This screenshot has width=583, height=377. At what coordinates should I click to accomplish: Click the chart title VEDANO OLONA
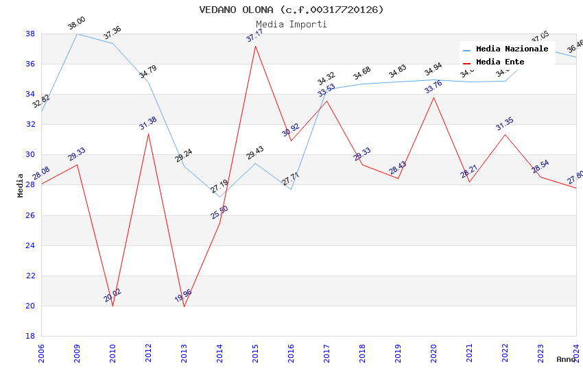pyautogui.click(x=291, y=10)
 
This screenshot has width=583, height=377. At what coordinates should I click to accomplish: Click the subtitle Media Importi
pyautogui.click(x=291, y=24)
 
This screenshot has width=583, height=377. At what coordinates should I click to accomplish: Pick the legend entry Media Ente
pyautogui.click(x=500, y=62)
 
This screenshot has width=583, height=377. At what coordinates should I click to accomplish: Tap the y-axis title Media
pyautogui.click(x=21, y=185)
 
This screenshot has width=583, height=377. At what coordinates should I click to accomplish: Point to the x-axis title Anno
pyautogui.click(x=566, y=359)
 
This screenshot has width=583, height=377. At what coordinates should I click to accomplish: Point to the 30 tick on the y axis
pyautogui.click(x=30, y=155)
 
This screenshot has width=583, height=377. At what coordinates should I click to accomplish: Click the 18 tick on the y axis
pyautogui.click(x=30, y=336)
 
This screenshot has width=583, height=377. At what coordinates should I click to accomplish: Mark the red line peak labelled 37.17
pyautogui.click(x=255, y=46)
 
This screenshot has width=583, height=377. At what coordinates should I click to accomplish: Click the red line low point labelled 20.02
pyautogui.click(x=112, y=306)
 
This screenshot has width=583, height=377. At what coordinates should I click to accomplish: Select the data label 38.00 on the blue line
pyautogui.click(x=76, y=25)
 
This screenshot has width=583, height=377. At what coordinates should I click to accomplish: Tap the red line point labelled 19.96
pyautogui.click(x=184, y=306)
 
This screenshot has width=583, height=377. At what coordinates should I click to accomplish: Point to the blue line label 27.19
pyautogui.click(x=219, y=186)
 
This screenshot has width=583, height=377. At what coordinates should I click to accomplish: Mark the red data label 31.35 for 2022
pyautogui.click(x=505, y=123)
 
